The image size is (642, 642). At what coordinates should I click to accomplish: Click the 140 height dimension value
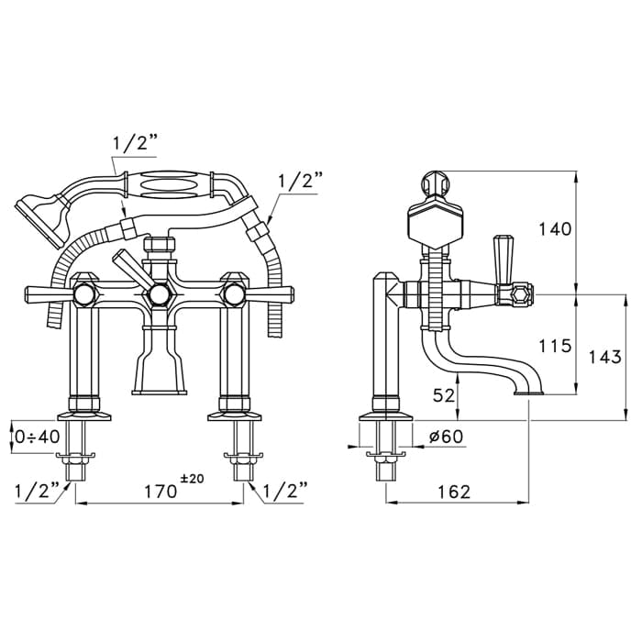click(554, 229)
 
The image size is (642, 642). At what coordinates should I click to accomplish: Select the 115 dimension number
click(554, 346)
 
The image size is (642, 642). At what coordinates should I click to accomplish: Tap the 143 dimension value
click(604, 358)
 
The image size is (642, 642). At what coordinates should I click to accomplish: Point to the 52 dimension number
click(444, 395)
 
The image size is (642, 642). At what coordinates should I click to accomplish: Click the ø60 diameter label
click(447, 437)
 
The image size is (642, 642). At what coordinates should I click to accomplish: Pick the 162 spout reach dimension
click(454, 492)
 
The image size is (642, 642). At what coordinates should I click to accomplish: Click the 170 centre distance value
click(160, 491)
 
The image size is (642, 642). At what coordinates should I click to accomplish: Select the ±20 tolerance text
click(192, 478)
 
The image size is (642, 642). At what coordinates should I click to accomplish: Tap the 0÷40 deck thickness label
click(38, 437)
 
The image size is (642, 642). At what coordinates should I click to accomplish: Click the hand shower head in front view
click(41, 220)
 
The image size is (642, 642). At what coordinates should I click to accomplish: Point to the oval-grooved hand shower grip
click(168, 186)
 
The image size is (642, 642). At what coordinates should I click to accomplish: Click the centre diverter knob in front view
click(159, 294)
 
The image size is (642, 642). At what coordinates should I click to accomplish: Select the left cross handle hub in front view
click(84, 293)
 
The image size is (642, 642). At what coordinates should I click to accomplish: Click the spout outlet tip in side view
click(529, 393)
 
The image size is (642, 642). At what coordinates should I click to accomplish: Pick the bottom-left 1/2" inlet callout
click(38, 491)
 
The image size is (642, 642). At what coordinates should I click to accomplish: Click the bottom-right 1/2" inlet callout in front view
click(285, 491)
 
